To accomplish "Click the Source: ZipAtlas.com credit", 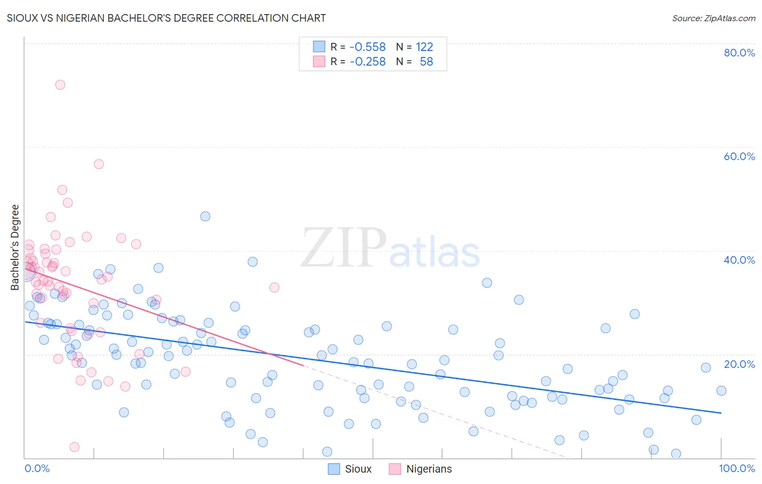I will pyautogui.click(x=713, y=18).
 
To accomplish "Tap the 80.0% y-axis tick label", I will pyautogui.click(x=739, y=53).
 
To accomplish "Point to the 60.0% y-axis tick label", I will pyautogui.click(x=739, y=156).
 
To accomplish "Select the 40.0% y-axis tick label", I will pyautogui.click(x=739, y=260).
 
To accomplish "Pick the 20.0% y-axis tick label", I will pyautogui.click(x=739, y=364).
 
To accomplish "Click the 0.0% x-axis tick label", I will pyautogui.click(x=37, y=468).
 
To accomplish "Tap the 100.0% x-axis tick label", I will pyautogui.click(x=737, y=468).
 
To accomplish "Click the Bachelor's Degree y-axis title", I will pyautogui.click(x=15, y=247).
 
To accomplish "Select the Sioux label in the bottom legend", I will pyautogui.click(x=358, y=469).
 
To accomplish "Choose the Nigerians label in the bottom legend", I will pyautogui.click(x=429, y=469).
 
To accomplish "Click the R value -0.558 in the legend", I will pyautogui.click(x=367, y=47).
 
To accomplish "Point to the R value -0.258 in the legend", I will pyautogui.click(x=367, y=61).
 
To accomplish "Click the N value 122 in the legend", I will pyautogui.click(x=424, y=47).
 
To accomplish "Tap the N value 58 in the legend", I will pyautogui.click(x=426, y=61).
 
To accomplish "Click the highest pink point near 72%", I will pyautogui.click(x=60, y=85).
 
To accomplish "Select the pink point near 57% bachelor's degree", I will pyautogui.click(x=99, y=164).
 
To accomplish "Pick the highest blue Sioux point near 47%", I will pyautogui.click(x=205, y=216).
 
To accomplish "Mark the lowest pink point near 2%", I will pyautogui.click(x=75, y=447).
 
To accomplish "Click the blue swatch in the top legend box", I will pyautogui.click(x=319, y=47).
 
